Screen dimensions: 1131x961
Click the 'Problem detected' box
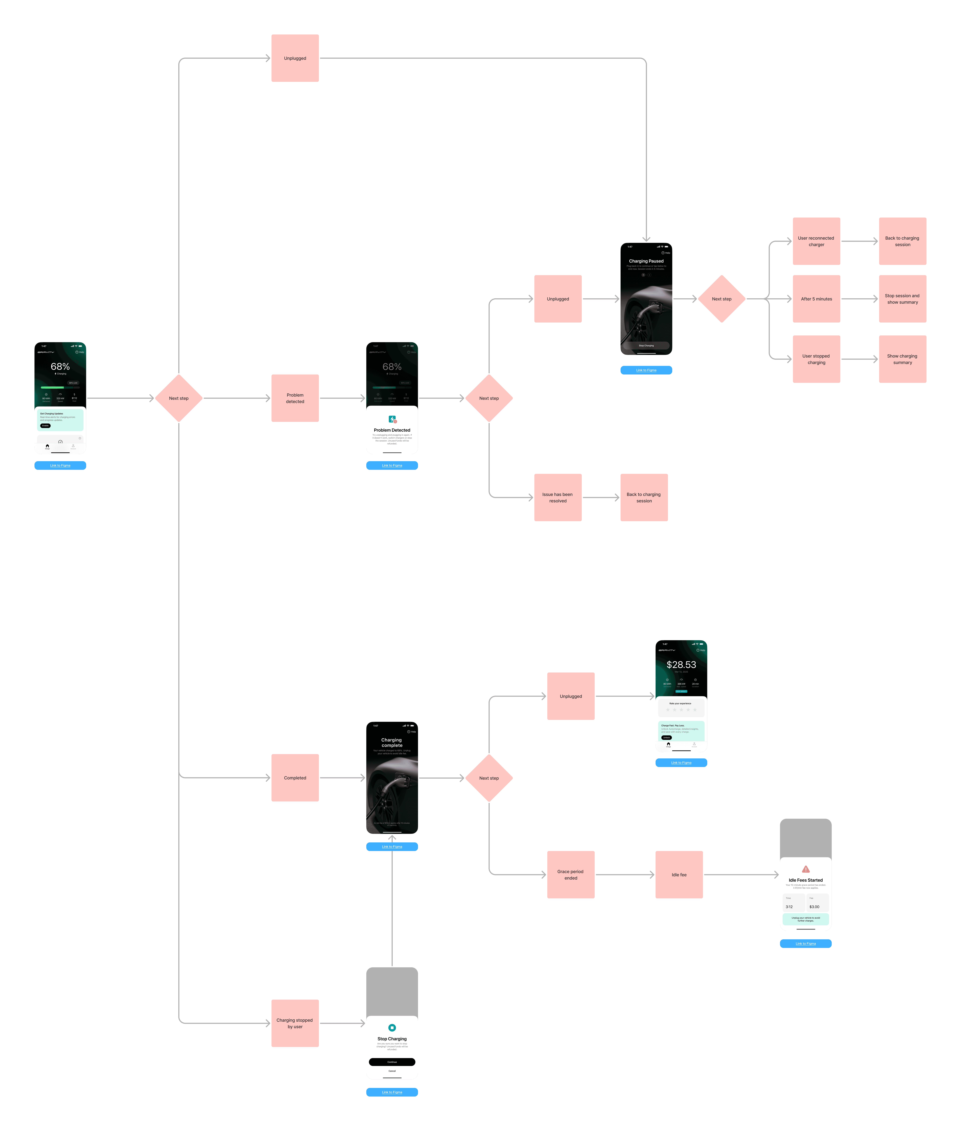coord(295,398)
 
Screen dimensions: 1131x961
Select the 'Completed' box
coord(295,778)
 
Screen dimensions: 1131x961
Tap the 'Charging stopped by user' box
coord(295,1023)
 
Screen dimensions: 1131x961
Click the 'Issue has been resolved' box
coord(557,497)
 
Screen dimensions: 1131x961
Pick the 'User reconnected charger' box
coord(816,241)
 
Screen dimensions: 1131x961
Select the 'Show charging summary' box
coord(902,359)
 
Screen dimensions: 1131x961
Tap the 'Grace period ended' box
coord(570,875)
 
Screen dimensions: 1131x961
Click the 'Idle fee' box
coord(679,875)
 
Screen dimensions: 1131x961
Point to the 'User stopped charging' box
coord(816,359)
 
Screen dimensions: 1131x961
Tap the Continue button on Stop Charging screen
coord(392,1062)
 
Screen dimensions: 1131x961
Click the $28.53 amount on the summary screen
coord(681,665)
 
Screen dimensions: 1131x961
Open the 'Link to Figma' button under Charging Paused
coord(646,370)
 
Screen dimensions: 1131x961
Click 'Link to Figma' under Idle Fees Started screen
coord(805,944)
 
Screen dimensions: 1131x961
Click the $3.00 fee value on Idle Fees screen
coord(814,907)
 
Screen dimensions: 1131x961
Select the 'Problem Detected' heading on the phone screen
coord(392,430)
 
